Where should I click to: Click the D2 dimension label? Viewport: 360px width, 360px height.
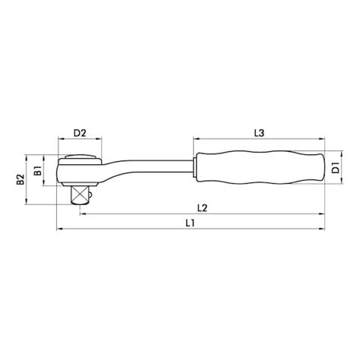[79, 134]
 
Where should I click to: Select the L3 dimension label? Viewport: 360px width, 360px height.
[259, 134]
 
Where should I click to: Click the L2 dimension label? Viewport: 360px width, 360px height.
[202, 206]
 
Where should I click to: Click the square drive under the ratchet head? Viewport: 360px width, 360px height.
[81, 194]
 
